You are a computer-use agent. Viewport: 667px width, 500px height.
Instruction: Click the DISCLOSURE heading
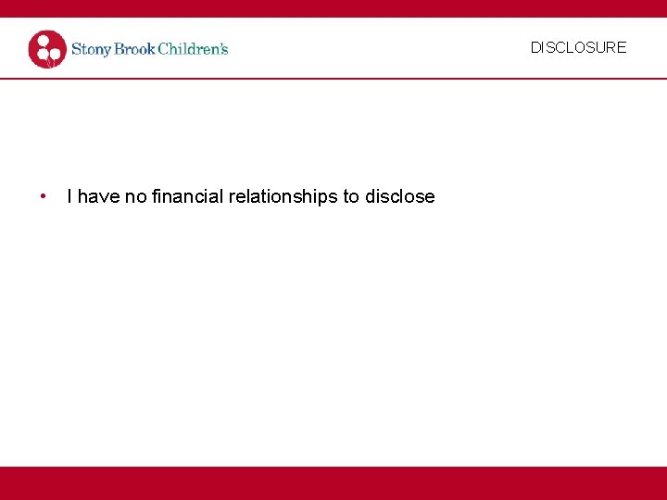point(578,47)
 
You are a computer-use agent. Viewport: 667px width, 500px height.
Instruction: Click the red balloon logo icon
point(47,49)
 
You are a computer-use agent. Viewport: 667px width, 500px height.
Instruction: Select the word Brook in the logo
point(135,48)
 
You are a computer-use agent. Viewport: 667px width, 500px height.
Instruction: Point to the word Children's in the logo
point(193,48)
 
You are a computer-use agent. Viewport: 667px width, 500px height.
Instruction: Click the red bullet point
point(43,196)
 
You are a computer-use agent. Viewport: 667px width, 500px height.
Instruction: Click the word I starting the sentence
point(70,196)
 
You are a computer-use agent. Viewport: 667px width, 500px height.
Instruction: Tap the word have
point(98,196)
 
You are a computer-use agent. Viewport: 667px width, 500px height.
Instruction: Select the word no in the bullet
point(135,196)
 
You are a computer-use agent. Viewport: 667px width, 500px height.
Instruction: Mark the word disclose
point(400,196)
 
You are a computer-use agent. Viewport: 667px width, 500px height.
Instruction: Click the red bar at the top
point(333,8)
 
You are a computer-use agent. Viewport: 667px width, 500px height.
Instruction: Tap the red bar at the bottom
point(333,482)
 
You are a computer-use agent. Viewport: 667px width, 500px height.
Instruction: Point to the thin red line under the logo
point(333,79)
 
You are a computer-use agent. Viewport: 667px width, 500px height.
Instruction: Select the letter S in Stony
point(77,49)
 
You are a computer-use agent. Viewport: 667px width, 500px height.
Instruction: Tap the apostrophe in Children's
point(219,44)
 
